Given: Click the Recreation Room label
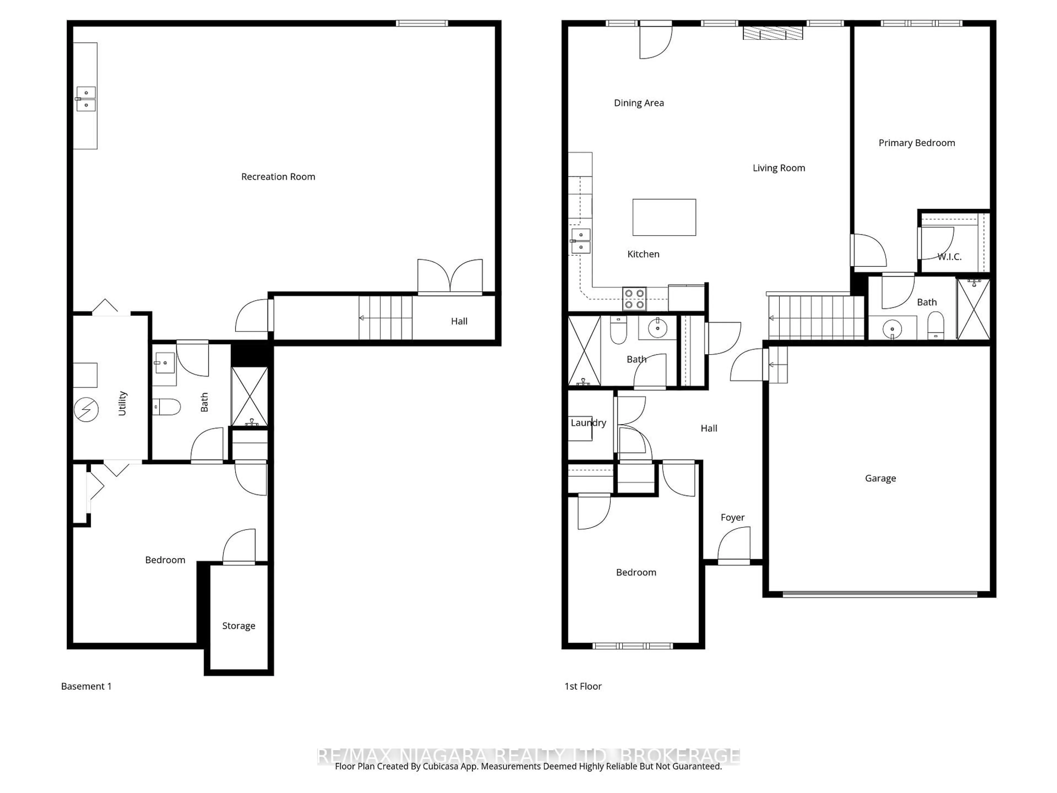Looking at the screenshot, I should [278, 177].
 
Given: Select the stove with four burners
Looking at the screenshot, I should [634, 299].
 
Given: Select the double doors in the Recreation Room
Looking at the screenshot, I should [450, 277].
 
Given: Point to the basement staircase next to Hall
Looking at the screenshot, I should [385, 318].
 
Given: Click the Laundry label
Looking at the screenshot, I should [588, 423].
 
